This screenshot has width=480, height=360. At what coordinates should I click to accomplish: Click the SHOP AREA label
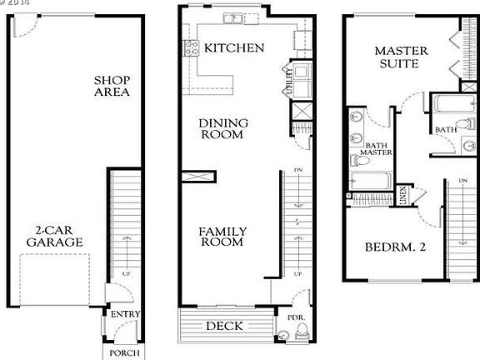[112, 85]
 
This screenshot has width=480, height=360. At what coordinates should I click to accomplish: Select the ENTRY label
[122, 314]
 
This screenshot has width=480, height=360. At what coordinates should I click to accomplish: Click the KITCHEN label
[234, 47]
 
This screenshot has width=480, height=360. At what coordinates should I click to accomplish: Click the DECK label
[225, 326]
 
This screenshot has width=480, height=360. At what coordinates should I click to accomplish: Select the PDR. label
[295, 317]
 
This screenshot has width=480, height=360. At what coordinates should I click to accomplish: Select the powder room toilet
[284, 335]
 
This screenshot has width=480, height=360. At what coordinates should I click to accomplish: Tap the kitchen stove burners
[189, 49]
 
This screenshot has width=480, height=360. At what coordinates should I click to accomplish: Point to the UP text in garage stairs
[127, 273]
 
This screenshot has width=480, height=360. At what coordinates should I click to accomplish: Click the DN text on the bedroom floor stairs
[462, 181]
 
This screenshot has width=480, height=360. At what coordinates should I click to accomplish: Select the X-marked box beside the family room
[199, 176]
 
